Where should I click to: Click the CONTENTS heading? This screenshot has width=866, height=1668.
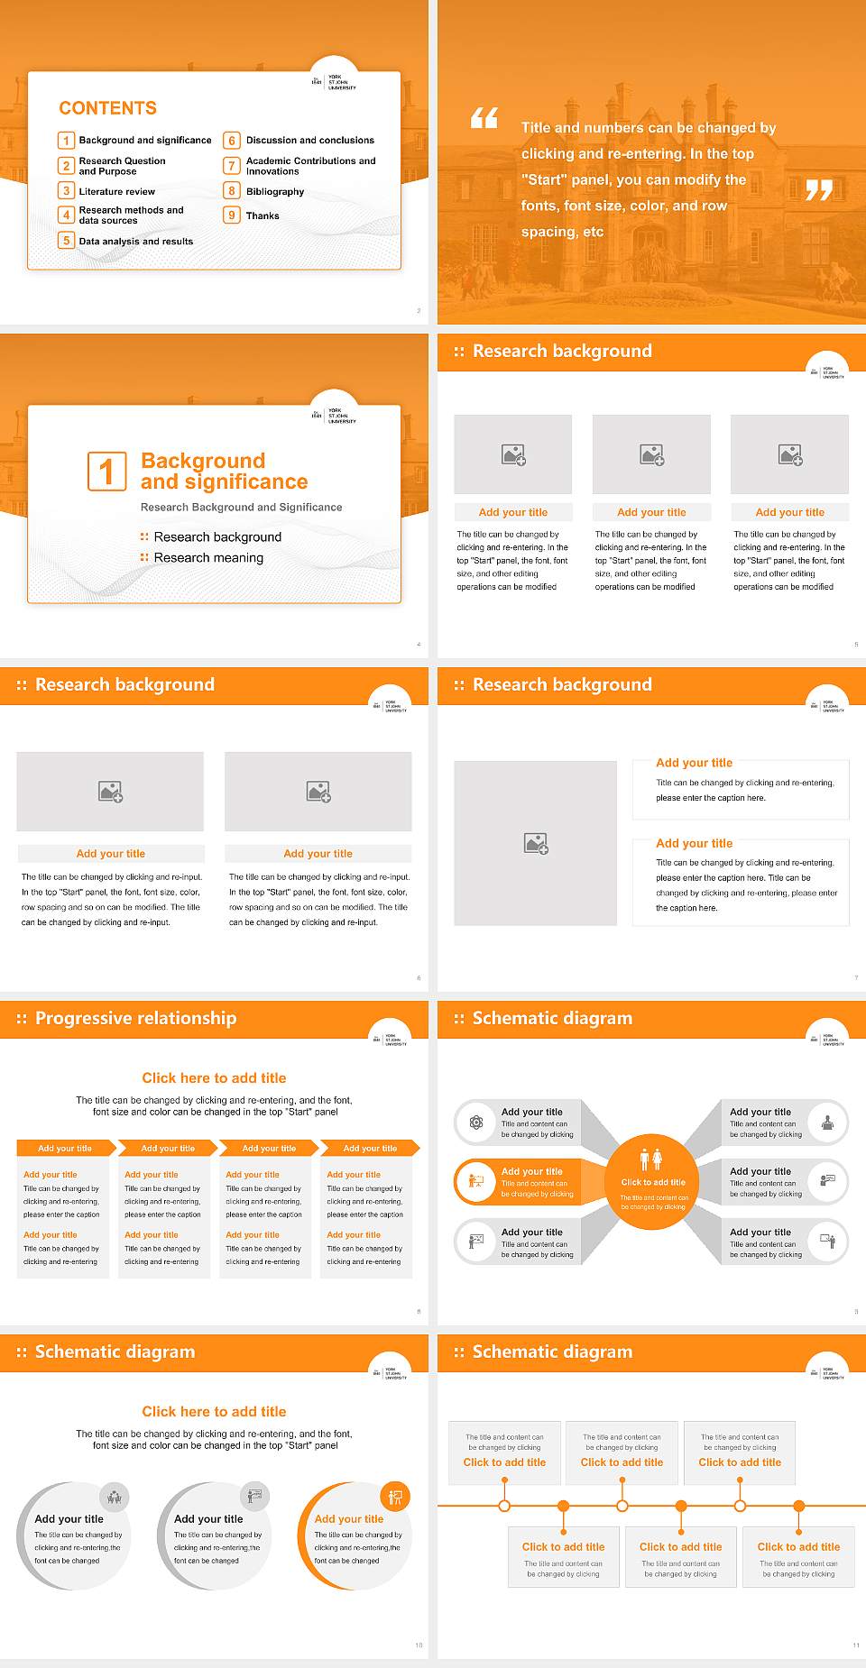pyautogui.click(x=107, y=108)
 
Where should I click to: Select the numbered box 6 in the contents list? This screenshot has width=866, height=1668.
pyautogui.click(x=232, y=141)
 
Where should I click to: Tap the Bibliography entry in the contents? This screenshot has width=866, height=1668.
pyautogui.click(x=274, y=192)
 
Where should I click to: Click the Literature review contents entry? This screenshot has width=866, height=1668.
pyautogui.click(x=116, y=192)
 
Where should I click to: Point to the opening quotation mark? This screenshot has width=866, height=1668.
pyautogui.click(x=484, y=118)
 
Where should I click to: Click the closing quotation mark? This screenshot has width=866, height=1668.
pyautogui.click(x=818, y=190)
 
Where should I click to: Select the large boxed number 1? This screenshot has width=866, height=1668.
pyautogui.click(x=106, y=472)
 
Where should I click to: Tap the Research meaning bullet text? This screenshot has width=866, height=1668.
pyautogui.click(x=208, y=558)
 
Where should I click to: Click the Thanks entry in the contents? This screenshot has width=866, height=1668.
pyautogui.click(x=263, y=216)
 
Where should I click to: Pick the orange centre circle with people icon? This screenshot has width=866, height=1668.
pyautogui.click(x=652, y=1180)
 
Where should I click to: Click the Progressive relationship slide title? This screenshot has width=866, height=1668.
pyautogui.click(x=135, y=1019)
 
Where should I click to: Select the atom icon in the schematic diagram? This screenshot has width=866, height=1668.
pyautogui.click(x=475, y=1123)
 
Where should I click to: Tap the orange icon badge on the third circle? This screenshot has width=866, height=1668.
pyautogui.click(x=395, y=1498)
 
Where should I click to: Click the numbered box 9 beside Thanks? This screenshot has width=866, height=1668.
pyautogui.click(x=232, y=215)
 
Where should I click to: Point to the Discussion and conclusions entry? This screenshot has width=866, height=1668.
pyautogui.click(x=309, y=141)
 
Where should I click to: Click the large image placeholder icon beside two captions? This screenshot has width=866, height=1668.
pyautogui.click(x=536, y=844)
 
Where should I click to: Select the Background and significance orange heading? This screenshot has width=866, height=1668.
pyautogui.click(x=224, y=472)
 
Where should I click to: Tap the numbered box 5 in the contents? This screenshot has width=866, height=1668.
pyautogui.click(x=66, y=241)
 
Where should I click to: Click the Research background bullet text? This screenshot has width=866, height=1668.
pyautogui.click(x=217, y=537)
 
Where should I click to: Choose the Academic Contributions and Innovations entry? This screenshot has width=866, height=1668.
pyautogui.click(x=310, y=166)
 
